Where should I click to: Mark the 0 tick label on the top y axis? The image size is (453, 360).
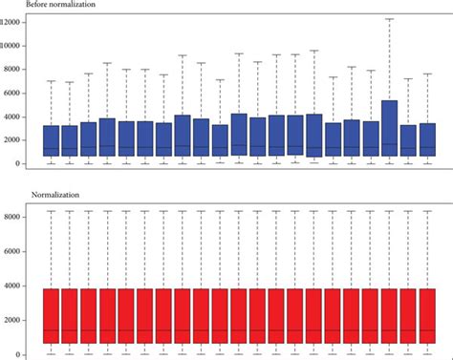tap(21, 164)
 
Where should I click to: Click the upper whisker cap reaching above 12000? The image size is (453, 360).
tap(389, 19)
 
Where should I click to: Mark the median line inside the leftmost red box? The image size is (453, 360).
tap(52, 330)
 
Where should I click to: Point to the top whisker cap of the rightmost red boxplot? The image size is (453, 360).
tap(426, 211)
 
